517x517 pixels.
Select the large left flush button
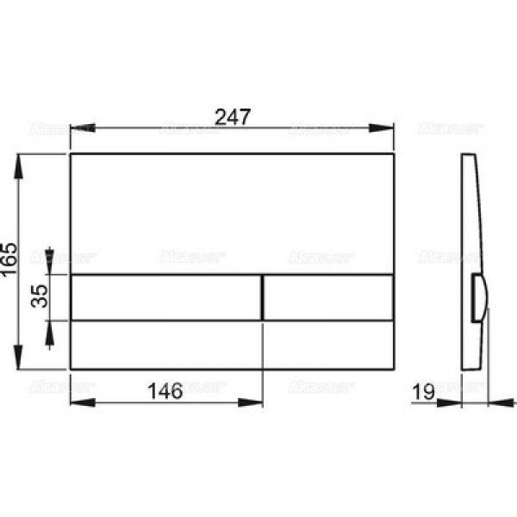164,297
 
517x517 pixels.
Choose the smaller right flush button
328,297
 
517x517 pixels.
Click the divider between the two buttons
261,297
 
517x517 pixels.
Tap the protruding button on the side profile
479,297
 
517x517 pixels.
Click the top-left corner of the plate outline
69,154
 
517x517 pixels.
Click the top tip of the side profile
465,155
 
